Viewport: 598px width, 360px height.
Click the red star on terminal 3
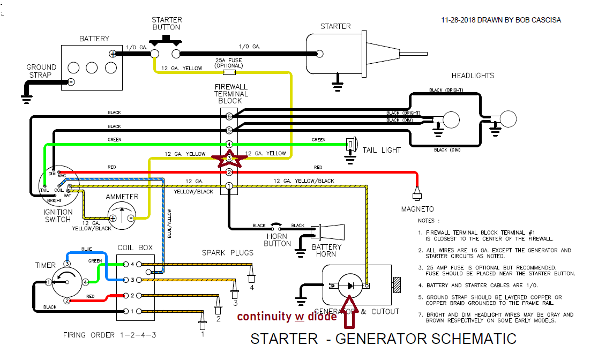pos(229,158)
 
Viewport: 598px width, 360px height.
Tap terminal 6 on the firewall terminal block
pos(229,116)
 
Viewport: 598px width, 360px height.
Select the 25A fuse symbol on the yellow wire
pos(229,71)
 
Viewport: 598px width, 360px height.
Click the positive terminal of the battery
pos(113,54)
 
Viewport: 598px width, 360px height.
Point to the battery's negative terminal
pos(71,82)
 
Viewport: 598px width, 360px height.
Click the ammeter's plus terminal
pos(113,218)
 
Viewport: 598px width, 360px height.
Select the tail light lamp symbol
pos(352,144)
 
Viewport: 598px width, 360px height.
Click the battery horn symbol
pos(328,232)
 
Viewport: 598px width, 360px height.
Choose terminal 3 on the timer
pos(67,264)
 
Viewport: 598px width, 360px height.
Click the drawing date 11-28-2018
pos(462,20)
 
